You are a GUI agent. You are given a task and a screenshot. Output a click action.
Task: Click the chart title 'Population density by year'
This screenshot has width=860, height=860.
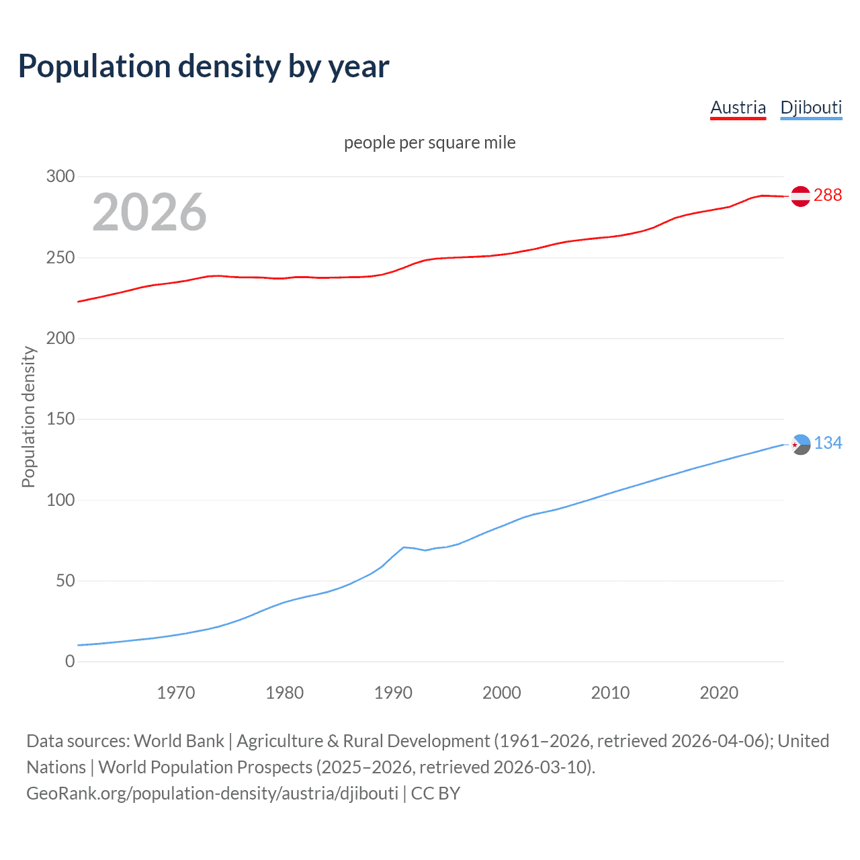pos(204,67)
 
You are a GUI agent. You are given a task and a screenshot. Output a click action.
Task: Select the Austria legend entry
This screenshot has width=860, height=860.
pos(738,107)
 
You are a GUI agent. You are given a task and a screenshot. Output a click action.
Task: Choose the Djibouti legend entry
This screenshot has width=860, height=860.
pos(811,107)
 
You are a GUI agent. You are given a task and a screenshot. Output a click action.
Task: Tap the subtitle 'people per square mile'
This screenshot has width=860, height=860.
pos(429,142)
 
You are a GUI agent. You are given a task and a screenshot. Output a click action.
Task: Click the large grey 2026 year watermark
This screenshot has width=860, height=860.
pos(149,212)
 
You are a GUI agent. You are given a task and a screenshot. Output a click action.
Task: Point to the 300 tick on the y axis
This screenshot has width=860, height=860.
pos(60,177)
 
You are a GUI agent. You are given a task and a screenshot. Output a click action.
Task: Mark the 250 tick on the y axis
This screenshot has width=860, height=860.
pos(60,257)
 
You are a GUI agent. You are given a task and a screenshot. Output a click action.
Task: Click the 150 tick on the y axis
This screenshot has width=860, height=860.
pos(60,419)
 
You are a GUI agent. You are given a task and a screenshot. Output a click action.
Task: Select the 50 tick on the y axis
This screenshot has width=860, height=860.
pos(65,580)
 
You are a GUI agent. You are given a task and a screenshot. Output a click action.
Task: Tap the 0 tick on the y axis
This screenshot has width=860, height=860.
pos(70,661)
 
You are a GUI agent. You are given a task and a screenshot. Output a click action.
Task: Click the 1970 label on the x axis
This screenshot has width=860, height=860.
pos(176,693)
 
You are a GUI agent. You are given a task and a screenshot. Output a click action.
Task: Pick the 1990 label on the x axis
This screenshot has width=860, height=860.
pos(393,693)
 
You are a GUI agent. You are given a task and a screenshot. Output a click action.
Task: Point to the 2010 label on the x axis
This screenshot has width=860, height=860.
pos(610,693)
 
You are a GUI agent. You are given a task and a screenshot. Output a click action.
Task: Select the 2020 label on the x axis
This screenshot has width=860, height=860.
pos(719,693)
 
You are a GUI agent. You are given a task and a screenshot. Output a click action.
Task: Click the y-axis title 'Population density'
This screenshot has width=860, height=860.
pos(28,417)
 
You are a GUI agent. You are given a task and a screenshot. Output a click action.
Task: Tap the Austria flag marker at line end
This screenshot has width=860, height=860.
pos(800,196)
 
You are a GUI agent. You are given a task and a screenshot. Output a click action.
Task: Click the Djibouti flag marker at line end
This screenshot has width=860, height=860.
pos(801,444)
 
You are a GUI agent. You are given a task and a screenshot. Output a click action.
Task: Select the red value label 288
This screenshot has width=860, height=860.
pos(827,195)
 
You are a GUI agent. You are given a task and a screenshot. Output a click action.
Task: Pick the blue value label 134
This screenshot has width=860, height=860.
pos(828,443)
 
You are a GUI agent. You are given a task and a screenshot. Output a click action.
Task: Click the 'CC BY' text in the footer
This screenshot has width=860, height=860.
pos(435,793)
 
